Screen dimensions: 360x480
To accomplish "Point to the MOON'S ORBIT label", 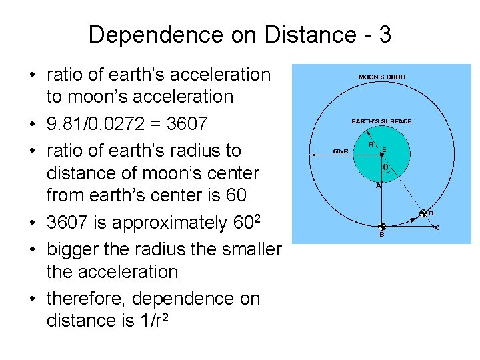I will tap(382, 77).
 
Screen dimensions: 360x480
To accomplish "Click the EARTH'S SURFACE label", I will tap(382, 121).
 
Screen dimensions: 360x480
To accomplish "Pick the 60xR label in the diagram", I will tap(340, 152).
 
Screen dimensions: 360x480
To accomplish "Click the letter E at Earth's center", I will tap(385, 151).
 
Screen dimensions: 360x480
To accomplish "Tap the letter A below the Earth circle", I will tap(379, 186).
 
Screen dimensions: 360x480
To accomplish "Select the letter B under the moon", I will tap(381, 235).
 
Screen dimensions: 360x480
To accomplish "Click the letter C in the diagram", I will tap(437, 228).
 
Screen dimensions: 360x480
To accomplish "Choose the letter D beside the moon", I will tap(431, 213).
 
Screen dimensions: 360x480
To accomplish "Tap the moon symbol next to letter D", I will tap(423, 214).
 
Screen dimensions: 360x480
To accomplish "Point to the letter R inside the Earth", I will tap(371, 144).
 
